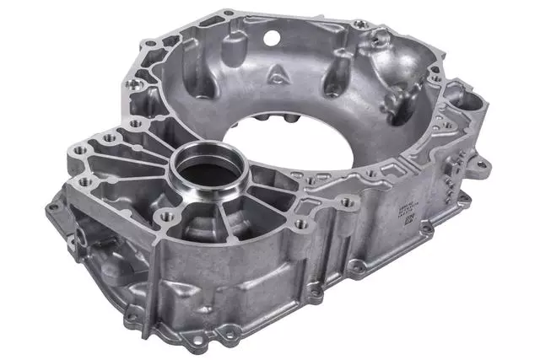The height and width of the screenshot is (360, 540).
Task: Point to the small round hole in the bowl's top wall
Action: tap(271, 38)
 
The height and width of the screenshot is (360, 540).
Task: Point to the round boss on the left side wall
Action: tap(85, 228)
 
